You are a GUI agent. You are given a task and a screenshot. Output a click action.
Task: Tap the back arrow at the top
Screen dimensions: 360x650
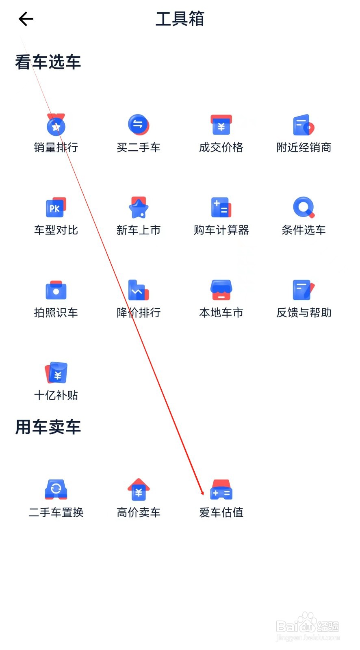click(26, 19)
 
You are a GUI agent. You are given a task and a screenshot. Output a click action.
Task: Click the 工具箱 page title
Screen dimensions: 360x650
click(180, 19)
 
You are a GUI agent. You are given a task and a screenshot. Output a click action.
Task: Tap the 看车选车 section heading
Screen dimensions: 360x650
click(48, 62)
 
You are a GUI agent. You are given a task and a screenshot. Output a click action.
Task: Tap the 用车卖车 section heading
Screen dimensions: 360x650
click(48, 427)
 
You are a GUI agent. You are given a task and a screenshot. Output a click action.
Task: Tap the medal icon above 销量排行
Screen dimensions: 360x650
click(56, 125)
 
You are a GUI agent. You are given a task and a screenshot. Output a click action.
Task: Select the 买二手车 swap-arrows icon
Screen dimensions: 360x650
click(139, 125)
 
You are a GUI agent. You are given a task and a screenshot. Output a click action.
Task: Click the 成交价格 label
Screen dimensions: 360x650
click(221, 147)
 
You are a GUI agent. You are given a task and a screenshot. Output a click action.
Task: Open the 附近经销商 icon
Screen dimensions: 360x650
click(304, 125)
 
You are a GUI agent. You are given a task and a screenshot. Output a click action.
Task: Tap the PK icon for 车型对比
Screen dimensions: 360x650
click(56, 207)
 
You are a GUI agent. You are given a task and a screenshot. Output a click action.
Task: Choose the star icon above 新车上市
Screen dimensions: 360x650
click(139, 207)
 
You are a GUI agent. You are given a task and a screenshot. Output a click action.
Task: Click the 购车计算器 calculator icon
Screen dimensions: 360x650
click(221, 207)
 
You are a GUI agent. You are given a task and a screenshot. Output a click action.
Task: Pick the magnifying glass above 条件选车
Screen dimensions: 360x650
click(304, 207)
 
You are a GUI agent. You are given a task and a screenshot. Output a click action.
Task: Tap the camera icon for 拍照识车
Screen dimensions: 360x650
click(56, 290)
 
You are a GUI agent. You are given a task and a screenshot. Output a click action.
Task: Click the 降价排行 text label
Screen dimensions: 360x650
click(139, 312)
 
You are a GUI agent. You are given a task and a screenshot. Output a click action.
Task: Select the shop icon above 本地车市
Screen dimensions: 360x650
click(221, 290)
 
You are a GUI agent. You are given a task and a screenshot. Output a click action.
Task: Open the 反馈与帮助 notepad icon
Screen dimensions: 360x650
click(304, 290)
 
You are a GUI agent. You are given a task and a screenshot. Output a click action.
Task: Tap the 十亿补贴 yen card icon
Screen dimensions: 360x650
click(56, 373)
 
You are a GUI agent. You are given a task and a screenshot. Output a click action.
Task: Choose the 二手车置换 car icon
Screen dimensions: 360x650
click(56, 490)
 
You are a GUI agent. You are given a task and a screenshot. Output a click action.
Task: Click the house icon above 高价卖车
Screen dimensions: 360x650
click(139, 490)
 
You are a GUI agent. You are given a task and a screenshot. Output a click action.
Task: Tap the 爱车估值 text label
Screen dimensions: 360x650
click(221, 512)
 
